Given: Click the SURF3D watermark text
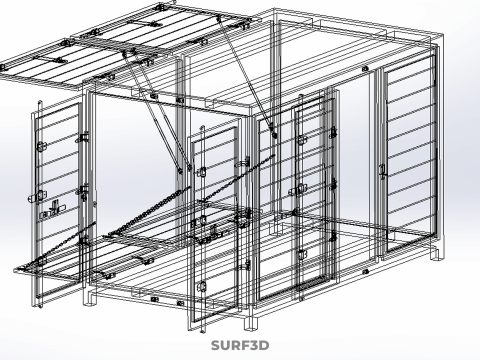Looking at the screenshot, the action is click(240, 345).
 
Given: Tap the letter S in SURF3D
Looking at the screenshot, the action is click(215, 345).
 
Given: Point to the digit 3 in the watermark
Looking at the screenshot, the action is click(253, 345).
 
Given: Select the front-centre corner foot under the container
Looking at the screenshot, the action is click(252, 323).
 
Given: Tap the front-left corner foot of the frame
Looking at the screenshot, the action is click(90, 299).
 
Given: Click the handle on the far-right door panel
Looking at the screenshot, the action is click(382, 171).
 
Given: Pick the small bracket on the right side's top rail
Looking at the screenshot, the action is click(365, 69).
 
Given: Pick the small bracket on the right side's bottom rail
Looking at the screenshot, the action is click(365, 272).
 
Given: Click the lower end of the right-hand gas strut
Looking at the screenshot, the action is click(274, 135).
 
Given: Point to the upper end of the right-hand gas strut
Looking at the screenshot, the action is click(219, 18).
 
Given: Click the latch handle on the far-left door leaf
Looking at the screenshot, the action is click(54, 208).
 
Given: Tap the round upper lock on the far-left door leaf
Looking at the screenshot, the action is click(41, 146).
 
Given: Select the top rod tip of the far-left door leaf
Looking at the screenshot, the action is click(40, 102).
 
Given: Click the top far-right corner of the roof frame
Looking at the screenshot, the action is click(442, 33).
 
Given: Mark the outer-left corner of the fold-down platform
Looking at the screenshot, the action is click(16, 270).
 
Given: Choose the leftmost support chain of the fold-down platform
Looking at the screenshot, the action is click(61, 244).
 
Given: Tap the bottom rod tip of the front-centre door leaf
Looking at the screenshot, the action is click(202, 331).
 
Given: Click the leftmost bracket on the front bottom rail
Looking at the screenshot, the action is click(154, 299).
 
